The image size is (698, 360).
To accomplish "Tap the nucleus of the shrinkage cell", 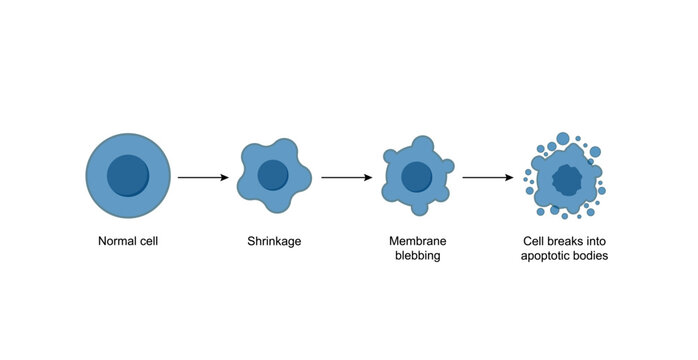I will click(272, 176).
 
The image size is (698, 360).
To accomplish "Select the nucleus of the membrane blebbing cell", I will click(416, 177).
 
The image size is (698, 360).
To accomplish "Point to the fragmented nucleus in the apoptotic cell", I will click(567, 180).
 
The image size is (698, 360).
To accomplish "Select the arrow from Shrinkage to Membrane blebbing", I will click(346, 177).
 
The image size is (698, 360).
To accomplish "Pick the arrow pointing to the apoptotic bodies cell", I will click(488, 177).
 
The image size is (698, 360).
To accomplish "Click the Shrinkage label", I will click(273, 241).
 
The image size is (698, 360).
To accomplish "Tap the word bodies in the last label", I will click(592, 256).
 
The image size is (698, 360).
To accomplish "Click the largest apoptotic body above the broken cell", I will click(563, 139).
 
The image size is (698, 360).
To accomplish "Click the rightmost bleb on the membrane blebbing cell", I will click(447, 166).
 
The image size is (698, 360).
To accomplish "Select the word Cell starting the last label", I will click(536, 241).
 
